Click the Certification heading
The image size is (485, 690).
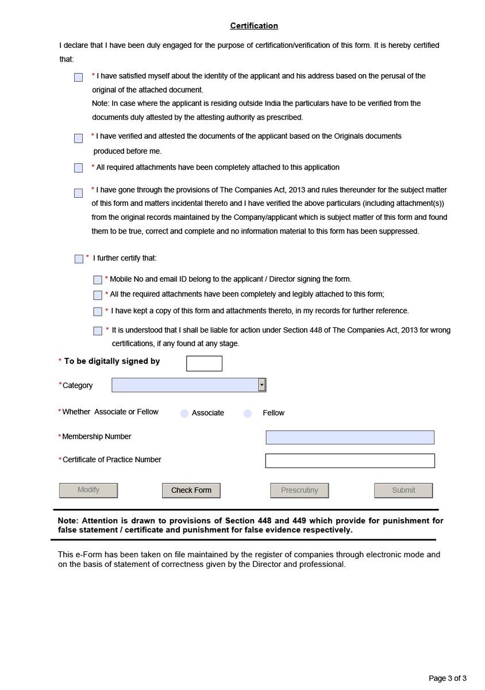click(x=254, y=26)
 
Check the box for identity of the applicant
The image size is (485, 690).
click(x=78, y=78)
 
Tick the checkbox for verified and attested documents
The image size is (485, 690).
click(x=78, y=139)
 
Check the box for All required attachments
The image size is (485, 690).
click(x=78, y=168)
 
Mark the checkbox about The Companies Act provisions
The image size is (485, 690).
click(x=78, y=193)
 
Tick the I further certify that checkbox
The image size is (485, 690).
click(x=79, y=259)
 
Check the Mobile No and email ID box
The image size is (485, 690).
click(x=98, y=280)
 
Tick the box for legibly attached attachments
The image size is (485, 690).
click(x=98, y=295)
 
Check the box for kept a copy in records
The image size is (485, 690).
click(x=98, y=312)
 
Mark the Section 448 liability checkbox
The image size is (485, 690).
click(x=98, y=331)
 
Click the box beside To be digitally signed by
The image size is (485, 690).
click(x=204, y=363)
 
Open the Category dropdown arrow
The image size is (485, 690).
click(x=262, y=385)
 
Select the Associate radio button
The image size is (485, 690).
click(x=184, y=413)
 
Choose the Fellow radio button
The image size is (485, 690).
click(x=248, y=413)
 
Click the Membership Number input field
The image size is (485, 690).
click(x=349, y=438)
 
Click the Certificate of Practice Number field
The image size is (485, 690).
click(x=349, y=461)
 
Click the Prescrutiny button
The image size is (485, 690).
click(x=299, y=490)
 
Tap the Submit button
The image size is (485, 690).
click(x=403, y=490)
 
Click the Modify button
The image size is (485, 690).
click(x=88, y=490)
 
